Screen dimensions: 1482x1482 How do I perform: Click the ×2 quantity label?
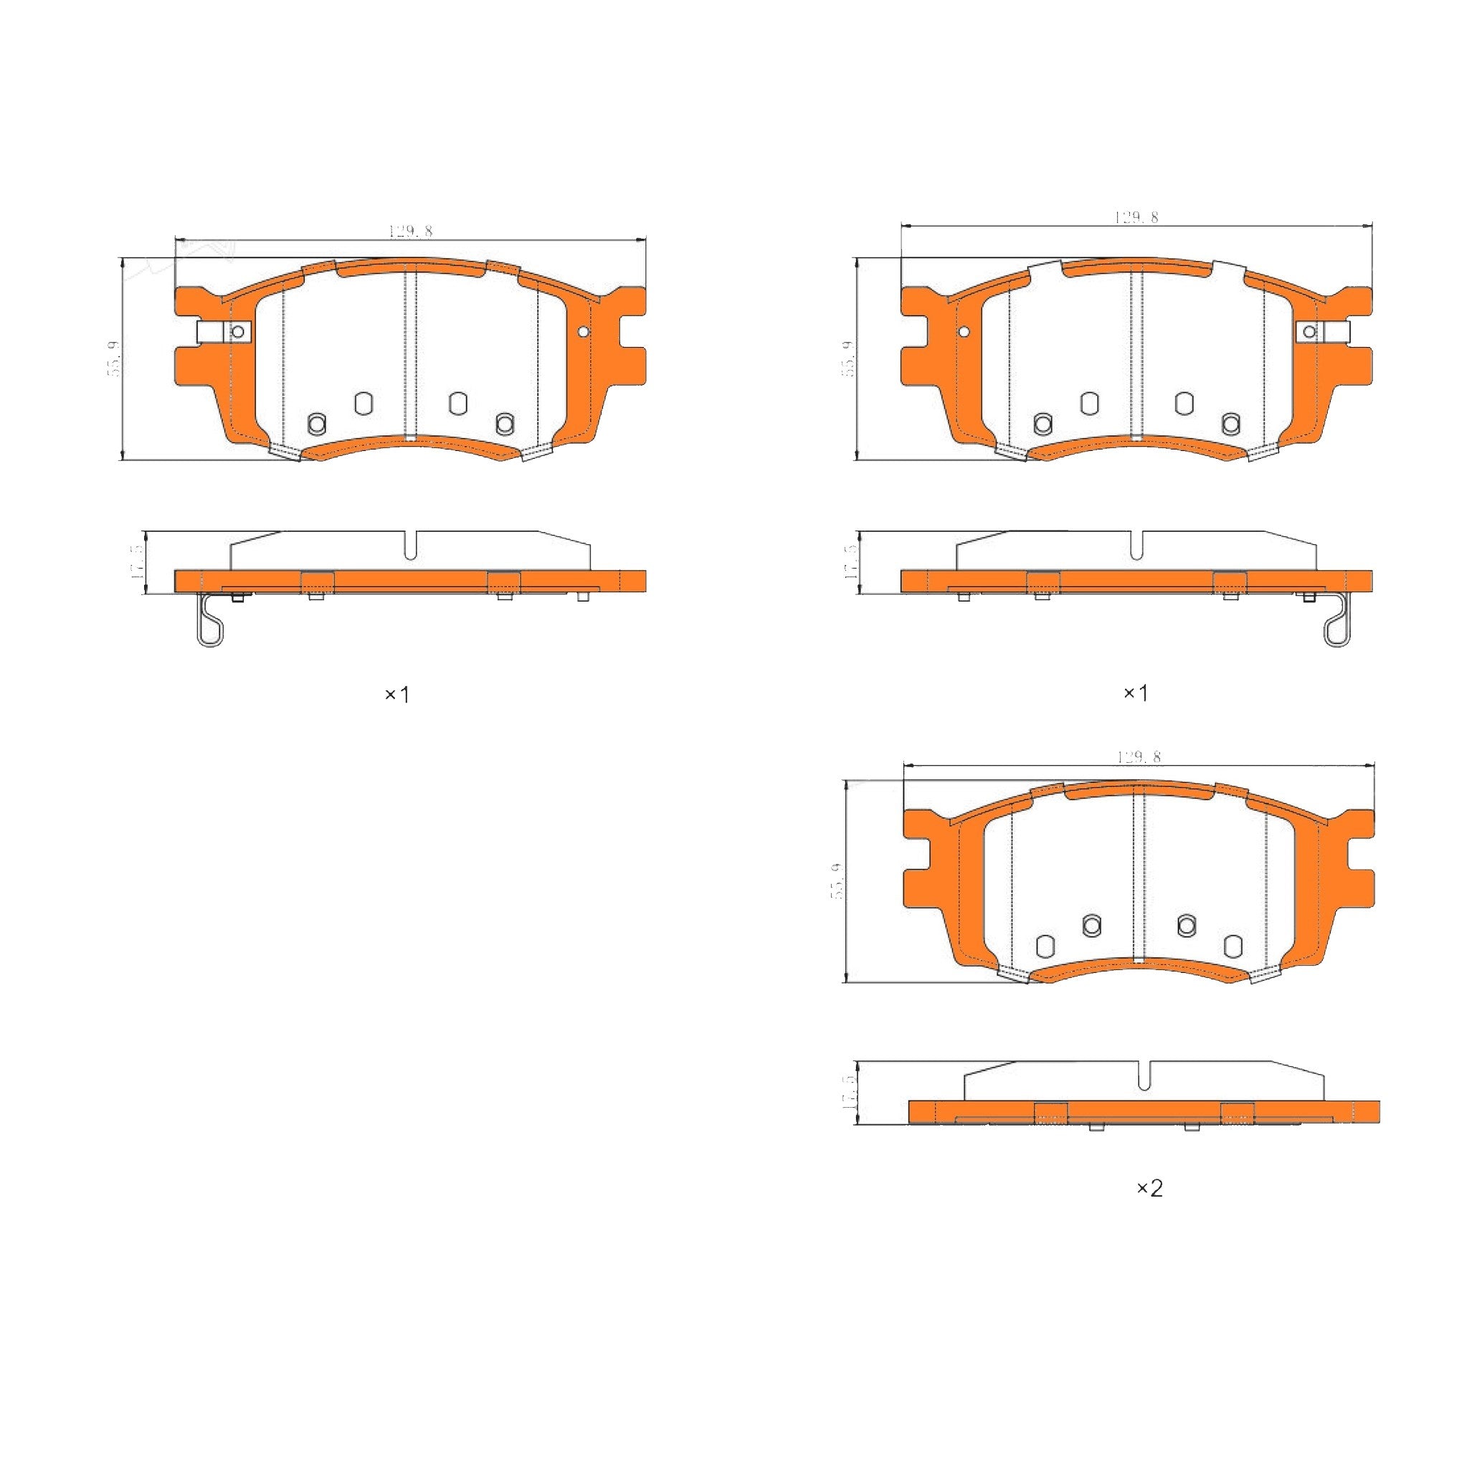(x=1149, y=1188)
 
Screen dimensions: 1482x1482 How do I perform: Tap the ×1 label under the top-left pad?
(x=396, y=695)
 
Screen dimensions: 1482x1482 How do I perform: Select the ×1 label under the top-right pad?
(x=1135, y=693)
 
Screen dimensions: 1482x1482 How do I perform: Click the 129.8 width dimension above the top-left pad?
(x=410, y=231)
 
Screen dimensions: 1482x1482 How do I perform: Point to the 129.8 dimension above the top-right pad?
(x=1136, y=217)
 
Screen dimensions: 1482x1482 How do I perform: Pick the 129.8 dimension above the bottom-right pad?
(x=1139, y=757)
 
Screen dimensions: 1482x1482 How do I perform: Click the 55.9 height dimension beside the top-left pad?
(x=113, y=358)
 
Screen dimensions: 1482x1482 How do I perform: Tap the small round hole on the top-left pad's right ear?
(x=583, y=331)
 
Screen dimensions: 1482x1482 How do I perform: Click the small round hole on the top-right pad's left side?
(x=964, y=331)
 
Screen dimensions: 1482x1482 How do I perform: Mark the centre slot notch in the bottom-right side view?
(x=1144, y=1077)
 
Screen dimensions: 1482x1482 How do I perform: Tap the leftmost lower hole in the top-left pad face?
(x=317, y=422)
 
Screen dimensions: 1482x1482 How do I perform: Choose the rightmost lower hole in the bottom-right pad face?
(x=1232, y=946)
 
